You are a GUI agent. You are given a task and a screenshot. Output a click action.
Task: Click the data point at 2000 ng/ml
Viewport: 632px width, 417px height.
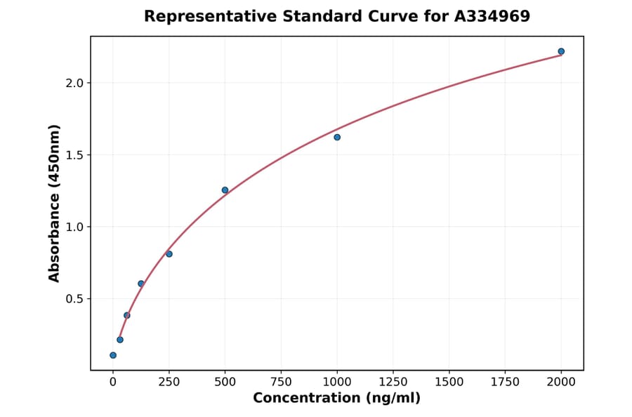561,51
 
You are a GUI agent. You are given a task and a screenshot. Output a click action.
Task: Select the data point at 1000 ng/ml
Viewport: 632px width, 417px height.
337,137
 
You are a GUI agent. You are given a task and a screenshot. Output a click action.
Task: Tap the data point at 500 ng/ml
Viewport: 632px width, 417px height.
225,190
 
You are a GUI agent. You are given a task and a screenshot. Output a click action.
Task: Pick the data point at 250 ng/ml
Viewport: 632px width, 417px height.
169,253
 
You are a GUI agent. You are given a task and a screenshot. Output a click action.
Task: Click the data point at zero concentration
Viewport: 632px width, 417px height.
113,355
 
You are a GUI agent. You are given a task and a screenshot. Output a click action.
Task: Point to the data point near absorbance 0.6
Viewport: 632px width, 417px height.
141,284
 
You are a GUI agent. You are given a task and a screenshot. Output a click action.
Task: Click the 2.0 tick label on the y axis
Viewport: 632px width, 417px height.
74,83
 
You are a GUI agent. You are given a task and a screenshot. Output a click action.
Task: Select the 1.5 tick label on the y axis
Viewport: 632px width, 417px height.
74,155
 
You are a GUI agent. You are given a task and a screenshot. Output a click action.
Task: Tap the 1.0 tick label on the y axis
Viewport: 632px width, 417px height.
74,227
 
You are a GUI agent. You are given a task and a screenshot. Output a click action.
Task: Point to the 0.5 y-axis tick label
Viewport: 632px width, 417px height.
74,299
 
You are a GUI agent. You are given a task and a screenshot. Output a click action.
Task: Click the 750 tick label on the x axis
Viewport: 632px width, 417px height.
281,382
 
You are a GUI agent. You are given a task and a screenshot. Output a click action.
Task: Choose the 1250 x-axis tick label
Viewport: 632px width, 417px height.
393,382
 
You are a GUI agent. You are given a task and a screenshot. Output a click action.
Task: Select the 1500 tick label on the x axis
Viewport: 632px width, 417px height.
449,382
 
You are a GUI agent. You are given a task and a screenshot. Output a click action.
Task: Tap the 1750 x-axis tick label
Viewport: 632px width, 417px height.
505,382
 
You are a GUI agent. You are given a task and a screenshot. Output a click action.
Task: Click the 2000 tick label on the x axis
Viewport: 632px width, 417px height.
561,382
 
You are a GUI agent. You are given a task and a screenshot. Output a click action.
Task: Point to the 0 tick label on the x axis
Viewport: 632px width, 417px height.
113,382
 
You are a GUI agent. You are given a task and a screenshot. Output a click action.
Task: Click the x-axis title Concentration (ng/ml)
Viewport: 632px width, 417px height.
337,399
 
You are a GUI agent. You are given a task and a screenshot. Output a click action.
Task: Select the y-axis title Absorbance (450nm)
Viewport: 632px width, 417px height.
55,203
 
